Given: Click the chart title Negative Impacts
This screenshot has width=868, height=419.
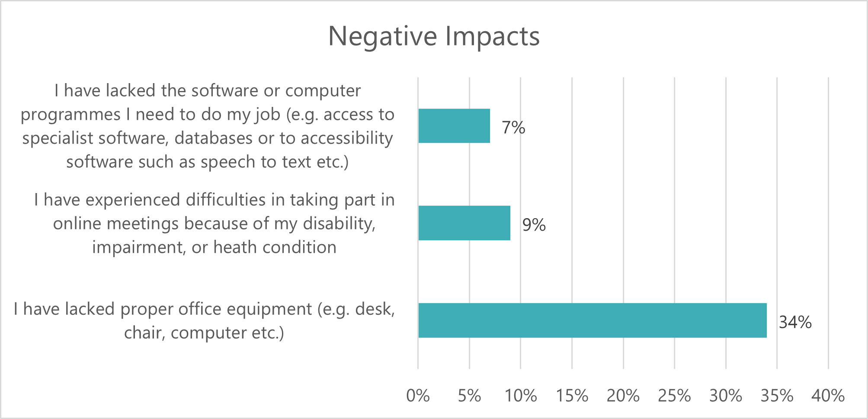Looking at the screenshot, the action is (434, 36).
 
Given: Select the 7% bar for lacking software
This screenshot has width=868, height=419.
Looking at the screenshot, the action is (454, 126).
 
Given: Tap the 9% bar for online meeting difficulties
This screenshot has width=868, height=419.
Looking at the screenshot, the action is (464, 223).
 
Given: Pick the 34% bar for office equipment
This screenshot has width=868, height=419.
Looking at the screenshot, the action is (593, 320).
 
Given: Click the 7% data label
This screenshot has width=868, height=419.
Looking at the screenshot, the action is (513, 128).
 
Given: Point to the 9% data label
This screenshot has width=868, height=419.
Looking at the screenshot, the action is (534, 225).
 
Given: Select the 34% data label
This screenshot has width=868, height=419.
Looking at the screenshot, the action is (795, 322).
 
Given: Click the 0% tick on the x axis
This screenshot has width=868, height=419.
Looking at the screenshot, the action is (418, 396).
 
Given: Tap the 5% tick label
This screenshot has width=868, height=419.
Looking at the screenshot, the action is (469, 396).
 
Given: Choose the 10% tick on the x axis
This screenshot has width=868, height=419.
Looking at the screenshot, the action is (521, 396).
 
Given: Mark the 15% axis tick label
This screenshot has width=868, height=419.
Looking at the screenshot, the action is (572, 396).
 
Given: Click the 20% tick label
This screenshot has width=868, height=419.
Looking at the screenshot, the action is (623, 396).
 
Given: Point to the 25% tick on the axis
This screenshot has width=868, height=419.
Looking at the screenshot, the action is (674, 396).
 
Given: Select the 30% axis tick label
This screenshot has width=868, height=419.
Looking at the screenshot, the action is (726, 396).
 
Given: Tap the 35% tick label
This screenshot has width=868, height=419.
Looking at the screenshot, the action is (777, 396).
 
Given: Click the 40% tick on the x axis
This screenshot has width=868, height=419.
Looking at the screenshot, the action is (828, 396).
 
